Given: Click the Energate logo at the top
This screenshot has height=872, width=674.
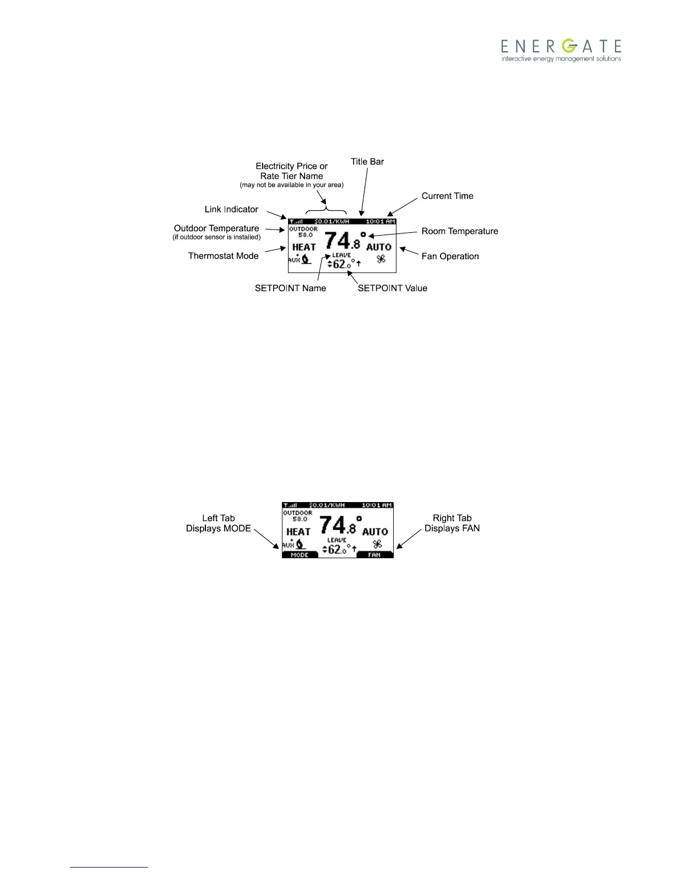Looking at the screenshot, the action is point(561,50).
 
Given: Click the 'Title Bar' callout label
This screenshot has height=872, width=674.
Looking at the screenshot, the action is point(367,162).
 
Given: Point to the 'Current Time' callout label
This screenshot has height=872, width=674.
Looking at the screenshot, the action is point(447,196).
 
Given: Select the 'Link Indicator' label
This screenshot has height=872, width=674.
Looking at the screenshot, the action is point(231,209).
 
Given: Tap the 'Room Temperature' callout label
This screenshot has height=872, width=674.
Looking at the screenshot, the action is point(460,231).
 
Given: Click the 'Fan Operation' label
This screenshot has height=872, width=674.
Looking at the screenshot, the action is point(450,256).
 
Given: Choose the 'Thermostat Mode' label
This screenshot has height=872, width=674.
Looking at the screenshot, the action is point(223,256).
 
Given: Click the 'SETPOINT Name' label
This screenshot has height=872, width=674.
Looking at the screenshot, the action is point(290,288).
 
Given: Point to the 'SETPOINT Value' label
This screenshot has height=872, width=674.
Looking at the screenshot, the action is point(392,288).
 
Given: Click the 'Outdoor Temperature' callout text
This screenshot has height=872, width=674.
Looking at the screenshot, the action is point(216,228).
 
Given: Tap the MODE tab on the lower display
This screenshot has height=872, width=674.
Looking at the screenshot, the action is point(300,555).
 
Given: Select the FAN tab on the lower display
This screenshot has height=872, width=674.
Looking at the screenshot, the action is point(374,555).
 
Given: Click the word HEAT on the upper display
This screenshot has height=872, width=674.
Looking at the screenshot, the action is point(304,247).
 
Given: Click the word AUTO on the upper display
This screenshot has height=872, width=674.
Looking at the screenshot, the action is point(379,247).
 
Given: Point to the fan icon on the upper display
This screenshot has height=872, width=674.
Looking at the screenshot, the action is point(381,259).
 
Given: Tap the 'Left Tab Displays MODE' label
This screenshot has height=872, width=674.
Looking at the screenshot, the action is point(219,523).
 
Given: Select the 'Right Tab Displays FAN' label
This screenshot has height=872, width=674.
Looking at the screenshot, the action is point(452,523).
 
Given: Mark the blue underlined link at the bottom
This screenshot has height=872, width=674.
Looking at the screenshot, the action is point(109,867).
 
